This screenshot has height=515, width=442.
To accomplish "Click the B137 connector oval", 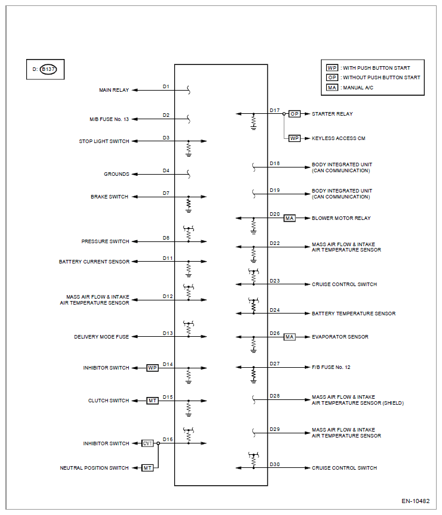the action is [48, 69].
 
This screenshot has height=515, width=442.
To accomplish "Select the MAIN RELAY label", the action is [114, 90].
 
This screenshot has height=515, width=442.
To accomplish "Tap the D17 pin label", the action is [275, 110].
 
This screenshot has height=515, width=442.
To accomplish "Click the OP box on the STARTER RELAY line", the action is [295, 114].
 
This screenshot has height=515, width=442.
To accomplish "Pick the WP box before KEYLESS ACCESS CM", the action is [295, 138].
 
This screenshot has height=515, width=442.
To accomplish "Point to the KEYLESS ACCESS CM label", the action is [338, 138].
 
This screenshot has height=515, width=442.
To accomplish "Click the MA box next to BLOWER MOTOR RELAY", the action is [289, 218].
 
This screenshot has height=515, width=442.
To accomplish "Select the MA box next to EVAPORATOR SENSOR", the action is [289, 337].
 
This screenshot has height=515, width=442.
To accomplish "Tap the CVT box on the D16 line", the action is [147, 443].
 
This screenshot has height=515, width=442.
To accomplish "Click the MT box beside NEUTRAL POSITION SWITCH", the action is [147, 468].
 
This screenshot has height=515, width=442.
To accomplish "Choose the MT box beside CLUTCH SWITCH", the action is [152, 401].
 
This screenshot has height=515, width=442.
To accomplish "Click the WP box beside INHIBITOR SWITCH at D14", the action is [152, 368].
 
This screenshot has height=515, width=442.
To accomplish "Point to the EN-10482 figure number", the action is [415, 501].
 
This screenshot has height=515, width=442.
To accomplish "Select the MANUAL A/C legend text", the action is [358, 88].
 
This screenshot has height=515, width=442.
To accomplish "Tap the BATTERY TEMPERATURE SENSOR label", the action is [354, 314].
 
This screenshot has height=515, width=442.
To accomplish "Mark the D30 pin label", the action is [275, 464].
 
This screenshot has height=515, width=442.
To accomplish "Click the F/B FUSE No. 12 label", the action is [331, 367].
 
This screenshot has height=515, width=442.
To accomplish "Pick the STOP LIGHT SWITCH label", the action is [104, 141].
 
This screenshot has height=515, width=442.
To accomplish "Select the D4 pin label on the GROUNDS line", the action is [166, 171].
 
